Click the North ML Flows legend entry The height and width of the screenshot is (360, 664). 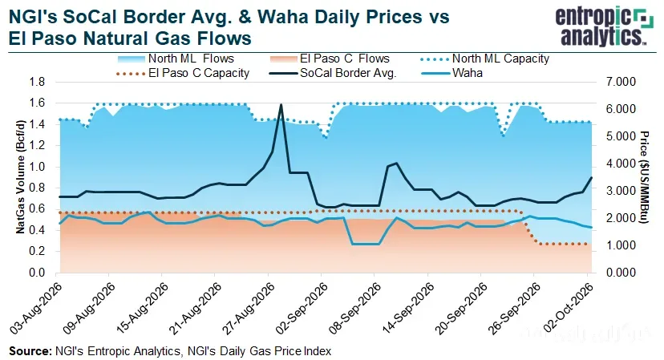[176, 59]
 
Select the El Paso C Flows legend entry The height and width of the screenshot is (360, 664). [330, 59]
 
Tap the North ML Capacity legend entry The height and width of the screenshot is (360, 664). [485, 59]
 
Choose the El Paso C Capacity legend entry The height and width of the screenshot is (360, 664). [183, 73]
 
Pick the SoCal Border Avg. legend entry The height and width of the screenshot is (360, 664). [333, 73]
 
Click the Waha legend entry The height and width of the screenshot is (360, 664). [451, 73]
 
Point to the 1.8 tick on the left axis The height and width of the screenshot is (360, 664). [37, 82]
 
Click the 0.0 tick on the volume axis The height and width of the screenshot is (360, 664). [37, 273]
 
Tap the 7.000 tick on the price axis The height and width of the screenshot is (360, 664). [621, 82]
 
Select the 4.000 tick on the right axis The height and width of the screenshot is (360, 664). [621, 164]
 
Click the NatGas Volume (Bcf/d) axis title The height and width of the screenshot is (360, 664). [20, 177]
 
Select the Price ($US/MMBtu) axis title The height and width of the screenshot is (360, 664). [644, 177]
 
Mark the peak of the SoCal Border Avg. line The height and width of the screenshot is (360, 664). [281, 104]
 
